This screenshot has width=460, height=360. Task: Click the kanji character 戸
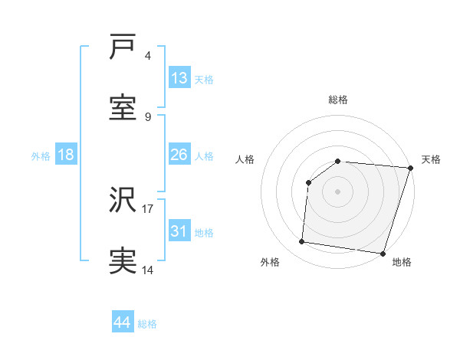(x=123, y=49)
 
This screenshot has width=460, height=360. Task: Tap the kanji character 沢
(x=123, y=202)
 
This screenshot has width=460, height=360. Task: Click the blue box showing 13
(x=179, y=78)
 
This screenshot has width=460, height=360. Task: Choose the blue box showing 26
(x=179, y=155)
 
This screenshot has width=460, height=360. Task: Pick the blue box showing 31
(x=179, y=231)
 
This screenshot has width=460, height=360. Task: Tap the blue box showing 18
(x=66, y=155)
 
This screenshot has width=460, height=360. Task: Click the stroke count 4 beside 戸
(x=148, y=56)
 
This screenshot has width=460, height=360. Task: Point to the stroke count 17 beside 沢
(x=147, y=208)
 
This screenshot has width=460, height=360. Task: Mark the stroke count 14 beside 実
(x=147, y=269)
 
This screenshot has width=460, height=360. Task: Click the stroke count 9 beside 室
(x=148, y=116)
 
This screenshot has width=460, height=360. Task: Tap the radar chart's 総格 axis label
(x=338, y=100)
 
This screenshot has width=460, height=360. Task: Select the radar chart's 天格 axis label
(x=431, y=159)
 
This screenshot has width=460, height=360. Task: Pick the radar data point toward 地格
(x=383, y=254)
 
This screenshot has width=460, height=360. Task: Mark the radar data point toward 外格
(x=302, y=242)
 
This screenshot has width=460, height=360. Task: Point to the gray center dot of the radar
(x=338, y=191)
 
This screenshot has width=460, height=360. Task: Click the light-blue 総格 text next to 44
(x=147, y=324)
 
